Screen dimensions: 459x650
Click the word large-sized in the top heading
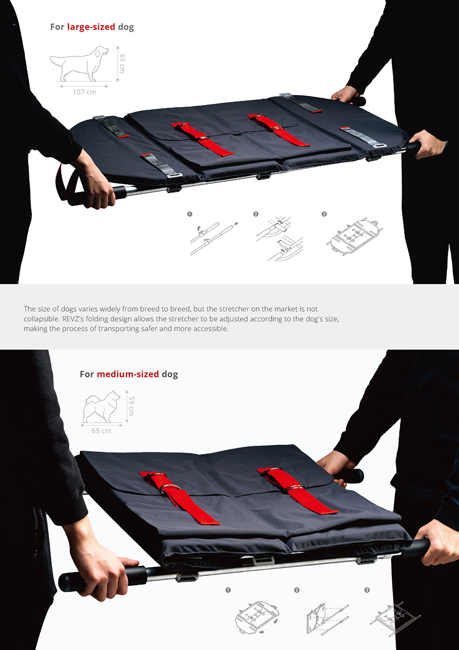91,27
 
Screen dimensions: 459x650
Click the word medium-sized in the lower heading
128,374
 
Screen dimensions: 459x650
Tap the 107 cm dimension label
84,92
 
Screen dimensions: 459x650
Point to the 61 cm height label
122,63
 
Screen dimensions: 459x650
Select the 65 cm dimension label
101,431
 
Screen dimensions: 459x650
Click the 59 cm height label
131,406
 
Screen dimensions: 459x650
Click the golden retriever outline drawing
80,64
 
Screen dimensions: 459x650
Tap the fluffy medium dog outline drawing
102,406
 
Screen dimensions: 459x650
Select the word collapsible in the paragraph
39,319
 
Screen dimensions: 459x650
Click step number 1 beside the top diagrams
190,214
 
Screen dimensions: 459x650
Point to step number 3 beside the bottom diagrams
367,590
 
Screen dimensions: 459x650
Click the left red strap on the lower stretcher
178,497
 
